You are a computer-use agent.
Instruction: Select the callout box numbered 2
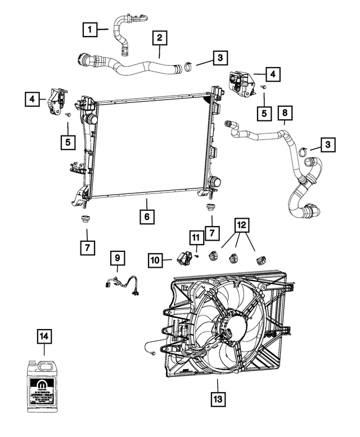pyautogui.click(x=160, y=38)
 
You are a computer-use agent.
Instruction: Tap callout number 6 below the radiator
pyautogui.click(x=146, y=216)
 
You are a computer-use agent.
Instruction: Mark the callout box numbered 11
pyautogui.click(x=196, y=238)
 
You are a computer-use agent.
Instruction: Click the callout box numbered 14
pyautogui.click(x=45, y=337)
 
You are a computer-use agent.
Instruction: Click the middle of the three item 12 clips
pyautogui.click(x=233, y=258)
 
